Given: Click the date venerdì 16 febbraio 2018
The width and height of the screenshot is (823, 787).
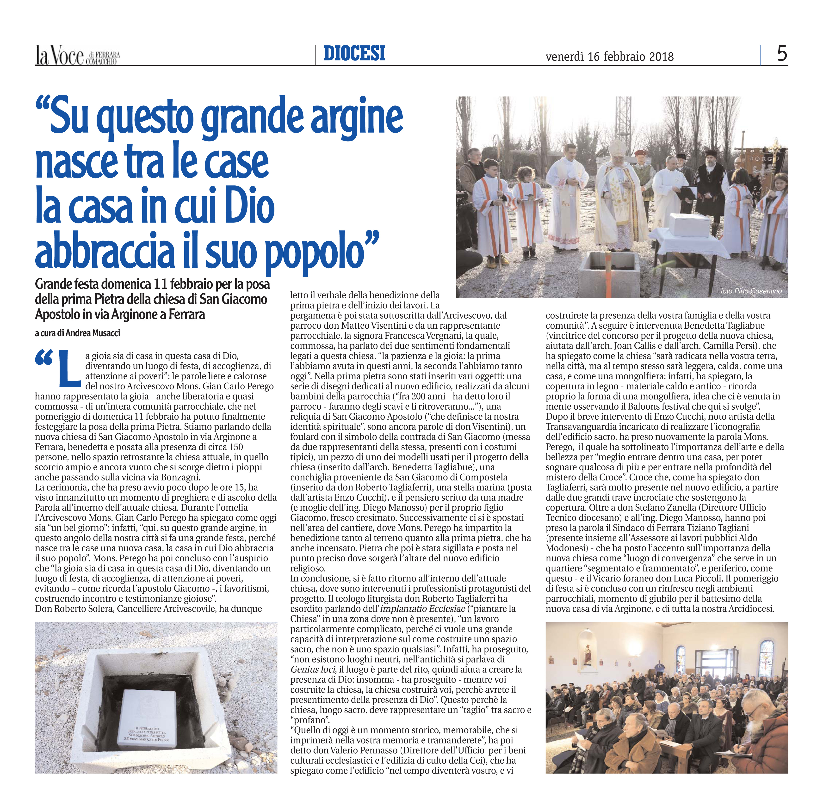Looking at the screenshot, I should click(x=609, y=57).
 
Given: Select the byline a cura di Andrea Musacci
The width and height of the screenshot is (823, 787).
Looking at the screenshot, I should click(x=78, y=333).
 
